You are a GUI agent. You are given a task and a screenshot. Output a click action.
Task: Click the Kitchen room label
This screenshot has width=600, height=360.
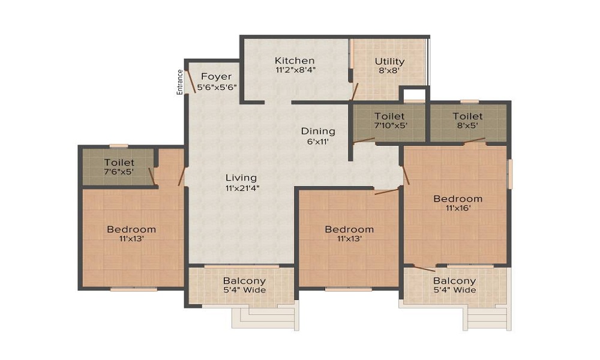(295, 61)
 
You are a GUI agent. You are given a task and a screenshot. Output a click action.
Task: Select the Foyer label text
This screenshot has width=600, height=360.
(217, 76)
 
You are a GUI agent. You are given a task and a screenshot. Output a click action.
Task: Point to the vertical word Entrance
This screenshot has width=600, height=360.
(179, 82)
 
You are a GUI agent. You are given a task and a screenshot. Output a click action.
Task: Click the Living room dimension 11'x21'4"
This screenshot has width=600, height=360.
(241, 188)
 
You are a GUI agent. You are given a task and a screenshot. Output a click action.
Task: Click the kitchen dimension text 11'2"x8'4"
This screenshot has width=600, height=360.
(295, 70)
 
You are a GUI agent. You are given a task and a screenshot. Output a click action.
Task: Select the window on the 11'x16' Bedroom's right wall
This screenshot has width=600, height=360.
(510, 174)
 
